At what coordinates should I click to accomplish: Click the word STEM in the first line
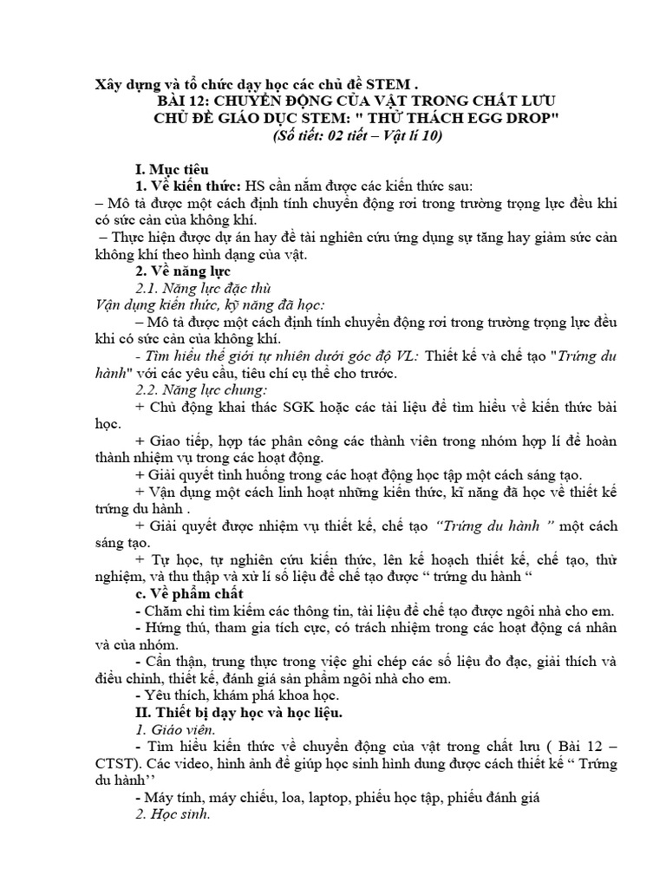coord(388,85)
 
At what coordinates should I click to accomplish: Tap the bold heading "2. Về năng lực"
coord(182,271)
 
